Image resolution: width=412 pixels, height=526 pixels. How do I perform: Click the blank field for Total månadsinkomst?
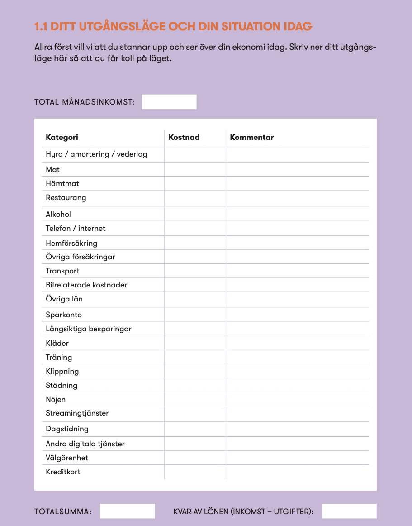tap(169, 102)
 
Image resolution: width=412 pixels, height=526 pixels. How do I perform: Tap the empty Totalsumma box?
tap(127, 511)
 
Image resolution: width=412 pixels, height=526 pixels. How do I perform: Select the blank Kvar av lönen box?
tap(349, 511)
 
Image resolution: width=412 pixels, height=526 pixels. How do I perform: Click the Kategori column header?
tap(62, 137)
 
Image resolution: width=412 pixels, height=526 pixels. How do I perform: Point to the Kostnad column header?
tap(184, 137)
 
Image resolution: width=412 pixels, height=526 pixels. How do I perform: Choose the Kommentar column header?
tap(252, 137)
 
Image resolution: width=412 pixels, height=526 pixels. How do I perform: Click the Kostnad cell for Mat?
tap(195, 169)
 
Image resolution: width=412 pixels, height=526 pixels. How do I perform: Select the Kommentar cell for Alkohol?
tap(297, 214)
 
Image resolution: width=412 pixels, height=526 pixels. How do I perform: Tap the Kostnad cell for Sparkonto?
tap(195, 315)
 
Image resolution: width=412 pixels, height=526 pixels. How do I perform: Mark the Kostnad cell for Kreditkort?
tap(195, 472)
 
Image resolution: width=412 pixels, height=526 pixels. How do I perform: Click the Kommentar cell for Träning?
tap(297, 357)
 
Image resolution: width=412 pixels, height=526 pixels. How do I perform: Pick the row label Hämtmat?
tap(62, 183)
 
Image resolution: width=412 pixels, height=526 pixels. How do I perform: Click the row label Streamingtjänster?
tap(77, 413)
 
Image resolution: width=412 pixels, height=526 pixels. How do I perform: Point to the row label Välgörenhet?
tap(67, 458)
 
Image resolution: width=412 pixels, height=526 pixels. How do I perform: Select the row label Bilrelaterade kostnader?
tap(86, 285)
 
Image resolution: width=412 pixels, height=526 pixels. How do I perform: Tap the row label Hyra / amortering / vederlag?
tap(96, 154)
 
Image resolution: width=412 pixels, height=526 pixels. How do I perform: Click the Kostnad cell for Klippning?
tap(195, 371)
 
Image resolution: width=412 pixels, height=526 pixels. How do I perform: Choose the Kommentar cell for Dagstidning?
tap(297, 429)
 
